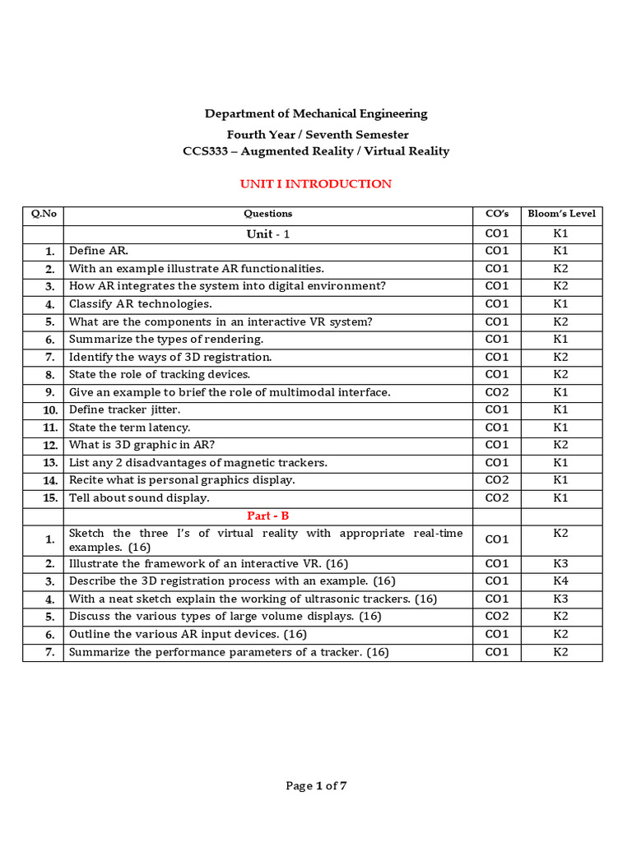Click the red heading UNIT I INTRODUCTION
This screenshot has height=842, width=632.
(x=315, y=183)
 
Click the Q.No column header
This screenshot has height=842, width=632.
(x=43, y=214)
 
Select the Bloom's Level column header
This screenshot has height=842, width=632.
(x=561, y=214)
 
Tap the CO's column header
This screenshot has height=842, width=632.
(x=496, y=214)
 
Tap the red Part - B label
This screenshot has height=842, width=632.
(x=267, y=516)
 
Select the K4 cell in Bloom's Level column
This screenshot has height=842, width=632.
(x=560, y=581)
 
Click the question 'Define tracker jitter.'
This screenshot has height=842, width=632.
(x=124, y=409)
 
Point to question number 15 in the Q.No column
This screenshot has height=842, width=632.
(x=50, y=498)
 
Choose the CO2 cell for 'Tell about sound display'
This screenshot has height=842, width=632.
(x=496, y=497)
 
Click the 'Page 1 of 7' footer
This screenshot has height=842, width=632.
(x=316, y=785)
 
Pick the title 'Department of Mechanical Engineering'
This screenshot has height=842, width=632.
(x=316, y=113)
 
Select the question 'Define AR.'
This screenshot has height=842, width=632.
(x=99, y=251)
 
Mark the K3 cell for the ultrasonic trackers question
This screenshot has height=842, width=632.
(x=560, y=599)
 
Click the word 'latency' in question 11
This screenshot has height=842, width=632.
(x=170, y=428)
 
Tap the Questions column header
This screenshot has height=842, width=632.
(x=267, y=214)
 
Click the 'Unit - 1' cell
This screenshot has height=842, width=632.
(x=267, y=234)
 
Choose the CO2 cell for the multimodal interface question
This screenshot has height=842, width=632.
(x=496, y=392)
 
